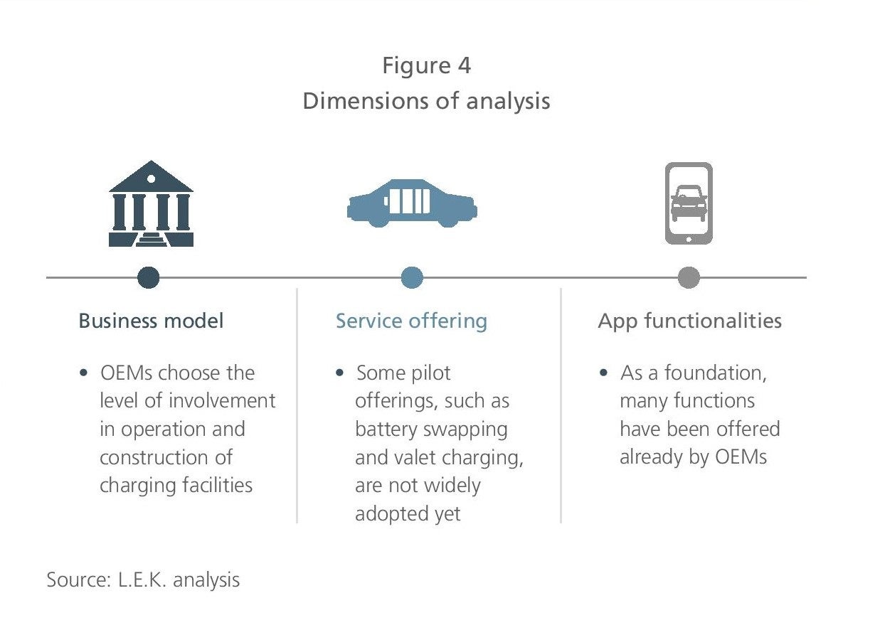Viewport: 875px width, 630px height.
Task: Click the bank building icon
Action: [151, 203]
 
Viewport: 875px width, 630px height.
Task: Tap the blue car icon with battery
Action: [412, 203]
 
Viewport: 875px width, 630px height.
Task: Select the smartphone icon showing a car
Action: [689, 203]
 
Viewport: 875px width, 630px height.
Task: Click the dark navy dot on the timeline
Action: [149, 277]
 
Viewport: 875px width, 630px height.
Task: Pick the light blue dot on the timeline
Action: [412, 277]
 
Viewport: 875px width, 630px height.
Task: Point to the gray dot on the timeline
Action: [689, 277]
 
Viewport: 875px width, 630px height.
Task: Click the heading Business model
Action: [152, 321]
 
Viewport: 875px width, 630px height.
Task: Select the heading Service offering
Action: [412, 321]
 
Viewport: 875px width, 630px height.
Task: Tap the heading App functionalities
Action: [690, 321]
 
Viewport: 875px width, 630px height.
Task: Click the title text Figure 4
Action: [427, 65]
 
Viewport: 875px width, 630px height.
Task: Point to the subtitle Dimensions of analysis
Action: [427, 101]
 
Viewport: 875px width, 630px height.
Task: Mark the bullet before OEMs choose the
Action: [83, 373]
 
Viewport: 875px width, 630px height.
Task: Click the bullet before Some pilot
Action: [339, 373]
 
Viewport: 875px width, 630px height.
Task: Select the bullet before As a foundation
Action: [603, 373]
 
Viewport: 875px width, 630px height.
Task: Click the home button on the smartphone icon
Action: [689, 240]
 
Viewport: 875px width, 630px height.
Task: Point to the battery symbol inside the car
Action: [407, 201]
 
